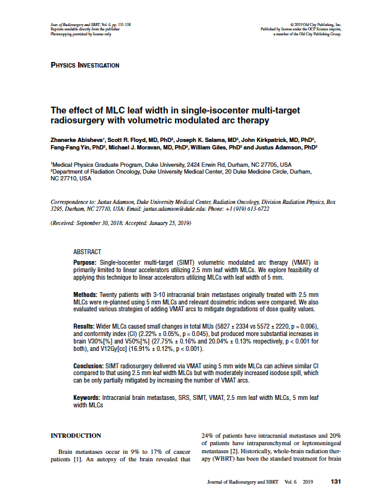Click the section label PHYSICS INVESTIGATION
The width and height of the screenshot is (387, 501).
point(84,65)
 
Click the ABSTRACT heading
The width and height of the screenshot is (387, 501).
point(87,252)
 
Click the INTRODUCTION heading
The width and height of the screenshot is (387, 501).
point(75,435)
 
